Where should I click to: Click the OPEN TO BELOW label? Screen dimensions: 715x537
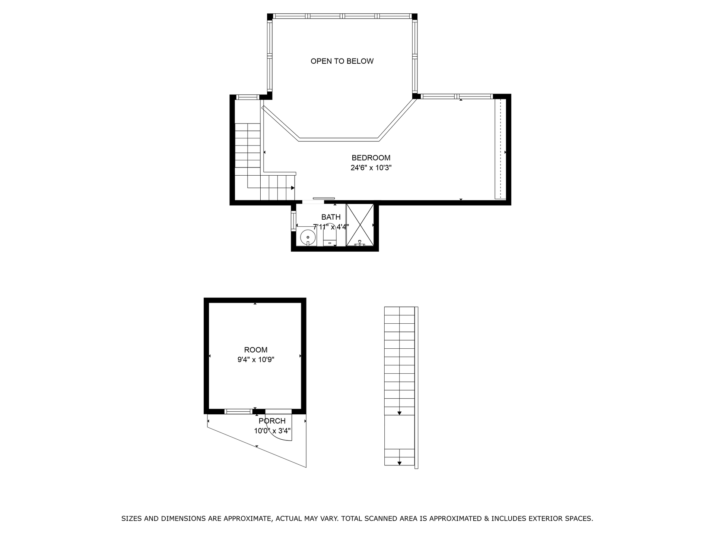(342, 61)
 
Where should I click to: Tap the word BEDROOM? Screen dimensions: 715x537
(371, 158)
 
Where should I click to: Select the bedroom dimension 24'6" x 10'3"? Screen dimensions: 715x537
(371, 168)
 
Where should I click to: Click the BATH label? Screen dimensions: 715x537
(331, 217)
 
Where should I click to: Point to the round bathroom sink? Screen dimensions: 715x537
(308, 236)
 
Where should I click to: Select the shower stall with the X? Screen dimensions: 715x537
(360, 225)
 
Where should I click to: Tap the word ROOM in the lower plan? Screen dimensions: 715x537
(256, 350)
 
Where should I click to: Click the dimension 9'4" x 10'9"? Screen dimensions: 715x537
(256, 360)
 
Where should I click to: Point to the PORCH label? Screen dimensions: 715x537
(272, 421)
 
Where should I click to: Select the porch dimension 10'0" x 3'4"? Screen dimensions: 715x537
(272, 431)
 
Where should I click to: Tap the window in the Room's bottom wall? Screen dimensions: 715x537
(238, 412)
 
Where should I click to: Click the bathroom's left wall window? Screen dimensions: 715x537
(293, 221)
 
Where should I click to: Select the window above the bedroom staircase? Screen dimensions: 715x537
(248, 97)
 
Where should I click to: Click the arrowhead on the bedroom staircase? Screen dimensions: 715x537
(293, 188)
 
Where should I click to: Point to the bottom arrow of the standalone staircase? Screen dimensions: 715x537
(400, 463)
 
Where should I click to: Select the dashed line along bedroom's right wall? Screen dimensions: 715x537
(501, 149)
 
